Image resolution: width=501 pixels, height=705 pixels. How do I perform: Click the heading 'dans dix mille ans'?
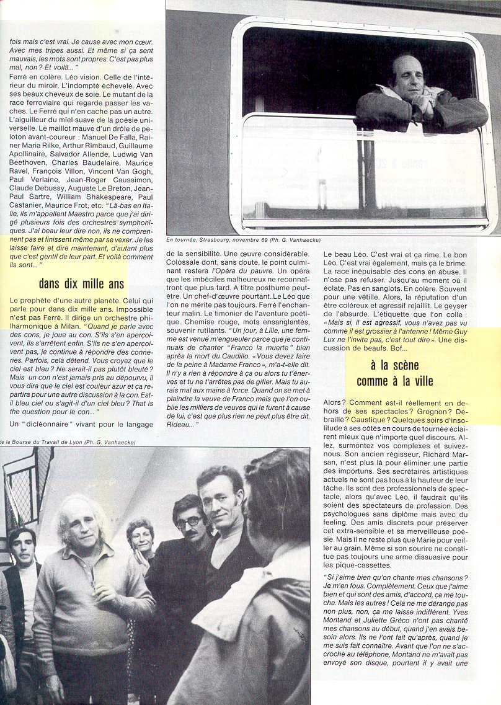[81, 284]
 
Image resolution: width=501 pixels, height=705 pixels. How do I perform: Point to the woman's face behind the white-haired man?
[141, 537]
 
